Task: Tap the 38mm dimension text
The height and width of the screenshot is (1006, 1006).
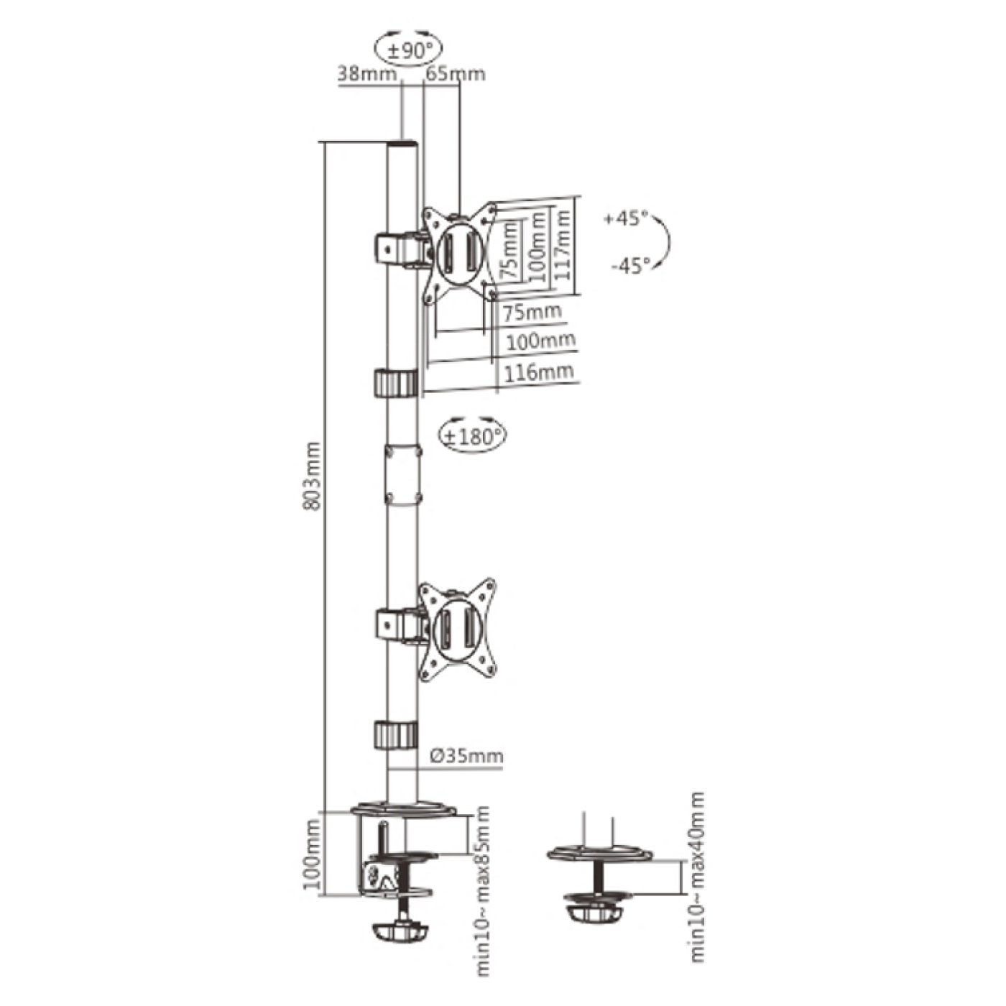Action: [367, 73]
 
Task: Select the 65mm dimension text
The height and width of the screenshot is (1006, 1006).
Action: [456, 73]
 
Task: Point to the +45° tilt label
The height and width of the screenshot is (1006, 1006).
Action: [625, 218]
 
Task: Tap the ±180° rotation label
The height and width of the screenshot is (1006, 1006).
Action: [474, 436]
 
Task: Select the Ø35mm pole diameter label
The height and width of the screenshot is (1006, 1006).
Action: [468, 755]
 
